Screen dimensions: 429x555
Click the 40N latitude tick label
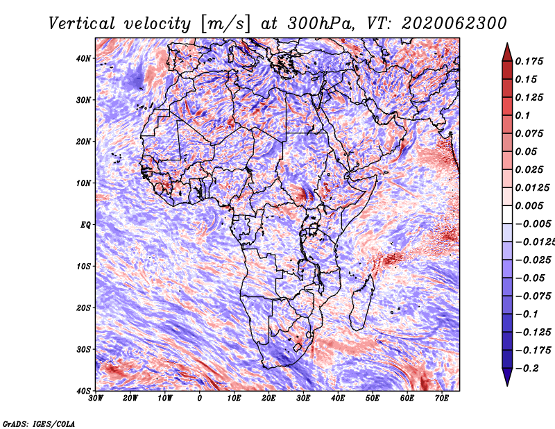[x=83, y=58]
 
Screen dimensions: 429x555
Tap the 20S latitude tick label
[x=83, y=308]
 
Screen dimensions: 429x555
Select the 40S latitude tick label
[x=83, y=390]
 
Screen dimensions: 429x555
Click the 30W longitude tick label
[x=96, y=398]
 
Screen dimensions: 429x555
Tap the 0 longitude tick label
[x=200, y=398]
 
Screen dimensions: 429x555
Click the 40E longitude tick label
[x=338, y=398]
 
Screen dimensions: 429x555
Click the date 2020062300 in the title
[x=449, y=23]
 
